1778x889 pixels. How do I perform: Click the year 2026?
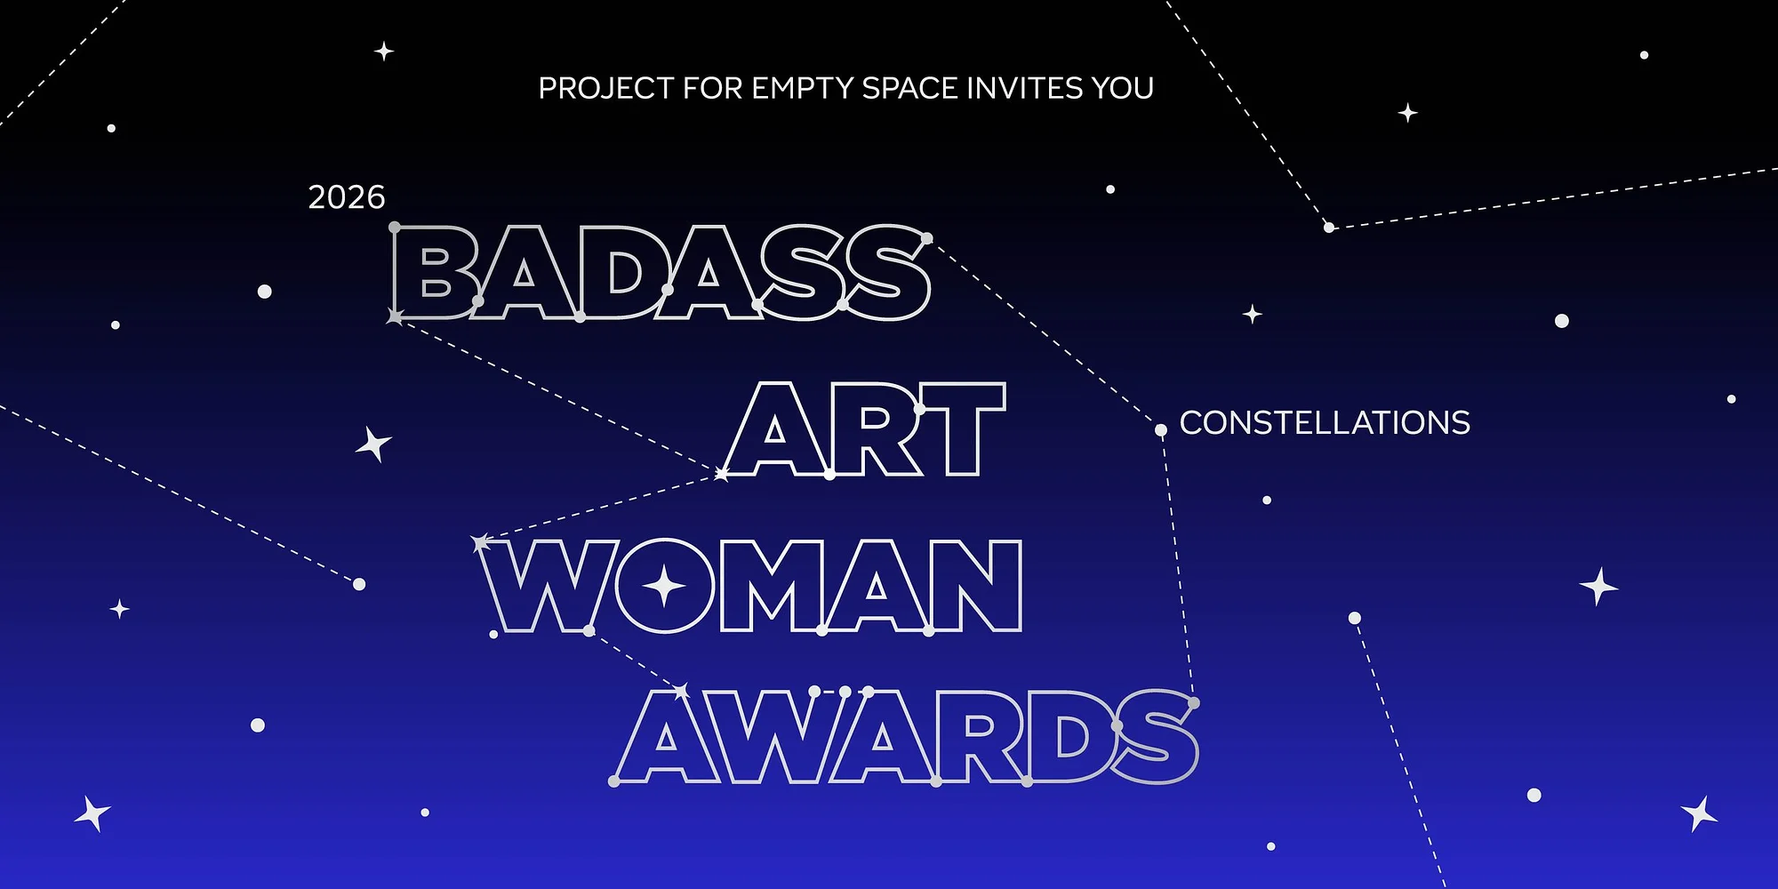347,197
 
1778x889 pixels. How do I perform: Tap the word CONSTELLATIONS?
1325,423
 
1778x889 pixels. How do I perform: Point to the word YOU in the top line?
1123,88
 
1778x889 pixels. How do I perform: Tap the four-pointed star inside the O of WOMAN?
664,587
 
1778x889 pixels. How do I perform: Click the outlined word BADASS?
661,272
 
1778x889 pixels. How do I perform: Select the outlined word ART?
866,430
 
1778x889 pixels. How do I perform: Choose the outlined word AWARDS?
907,737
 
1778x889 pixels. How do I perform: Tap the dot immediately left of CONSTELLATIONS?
1160,430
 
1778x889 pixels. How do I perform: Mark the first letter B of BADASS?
436,273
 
